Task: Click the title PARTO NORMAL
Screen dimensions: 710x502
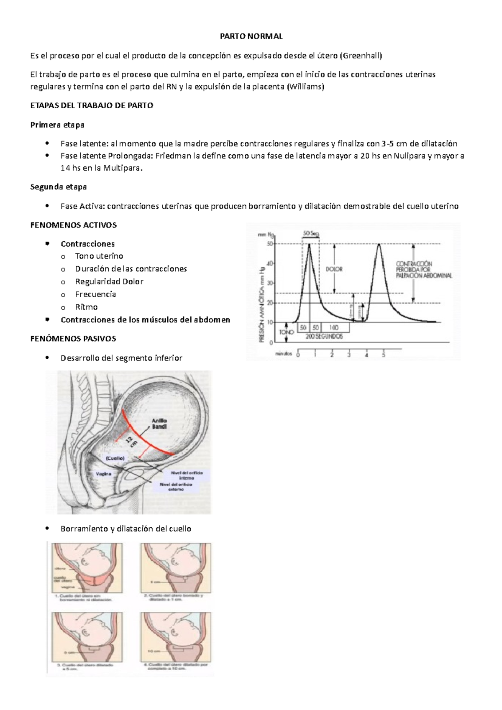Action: (251, 36)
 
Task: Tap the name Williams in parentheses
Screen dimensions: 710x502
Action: (305, 87)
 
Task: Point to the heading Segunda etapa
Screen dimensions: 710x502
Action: (59, 187)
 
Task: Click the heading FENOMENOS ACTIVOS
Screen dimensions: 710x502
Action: (74, 225)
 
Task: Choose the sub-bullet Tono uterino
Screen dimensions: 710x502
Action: (99, 256)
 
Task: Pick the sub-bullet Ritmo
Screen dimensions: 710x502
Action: (86, 307)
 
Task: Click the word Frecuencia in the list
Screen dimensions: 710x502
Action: (95, 294)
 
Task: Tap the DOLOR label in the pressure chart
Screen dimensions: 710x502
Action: (334, 269)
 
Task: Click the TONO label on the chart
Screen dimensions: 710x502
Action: (287, 332)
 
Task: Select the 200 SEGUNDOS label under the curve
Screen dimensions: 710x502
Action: (324, 336)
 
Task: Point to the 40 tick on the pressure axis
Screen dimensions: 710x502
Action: (270, 263)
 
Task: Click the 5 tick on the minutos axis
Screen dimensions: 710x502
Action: (384, 355)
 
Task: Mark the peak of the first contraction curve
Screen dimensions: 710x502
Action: (310, 244)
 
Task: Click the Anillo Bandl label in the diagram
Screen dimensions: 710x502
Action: (159, 424)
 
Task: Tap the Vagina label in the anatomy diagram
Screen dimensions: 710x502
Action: (104, 474)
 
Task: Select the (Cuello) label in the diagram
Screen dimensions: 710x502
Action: (115, 458)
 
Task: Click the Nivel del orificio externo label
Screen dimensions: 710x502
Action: (176, 487)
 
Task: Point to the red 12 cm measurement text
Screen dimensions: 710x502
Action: (131, 441)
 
